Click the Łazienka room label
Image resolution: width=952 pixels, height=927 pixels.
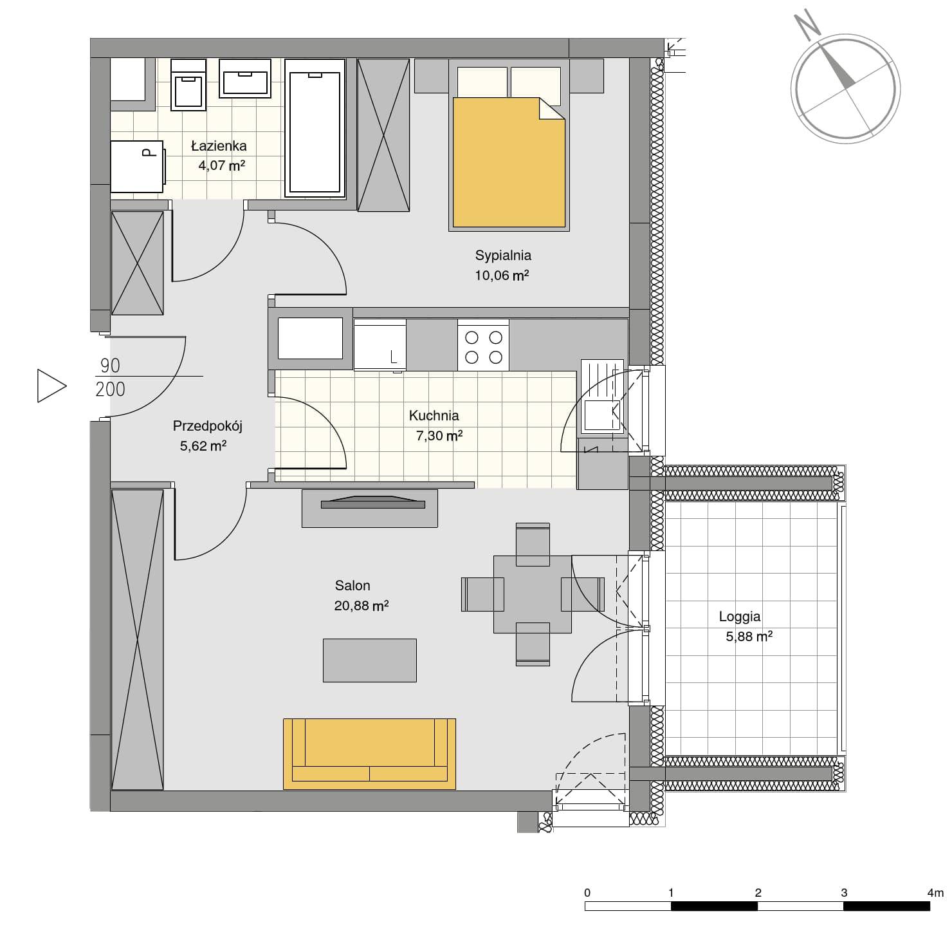(x=219, y=145)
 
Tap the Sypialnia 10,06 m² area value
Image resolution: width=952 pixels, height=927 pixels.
(x=502, y=276)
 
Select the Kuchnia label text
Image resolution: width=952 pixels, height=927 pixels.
(x=434, y=416)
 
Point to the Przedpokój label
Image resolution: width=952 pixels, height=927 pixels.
(x=207, y=426)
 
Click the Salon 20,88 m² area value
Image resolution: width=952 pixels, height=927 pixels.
(x=361, y=606)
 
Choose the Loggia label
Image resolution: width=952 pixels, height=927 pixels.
(x=739, y=617)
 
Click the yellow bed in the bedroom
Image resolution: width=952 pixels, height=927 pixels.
(x=509, y=162)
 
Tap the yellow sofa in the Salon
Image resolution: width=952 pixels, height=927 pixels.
(x=369, y=754)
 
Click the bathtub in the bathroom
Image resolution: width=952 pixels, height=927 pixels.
(x=315, y=128)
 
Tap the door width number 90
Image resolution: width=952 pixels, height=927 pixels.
(x=110, y=365)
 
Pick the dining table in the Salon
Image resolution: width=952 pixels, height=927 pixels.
(x=532, y=594)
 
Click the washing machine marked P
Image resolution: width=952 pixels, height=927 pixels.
(x=137, y=167)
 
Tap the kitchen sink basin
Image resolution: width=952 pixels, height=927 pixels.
(x=601, y=415)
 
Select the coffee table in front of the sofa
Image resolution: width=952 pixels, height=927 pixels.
(x=369, y=660)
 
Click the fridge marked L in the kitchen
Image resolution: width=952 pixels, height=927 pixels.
(x=380, y=344)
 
